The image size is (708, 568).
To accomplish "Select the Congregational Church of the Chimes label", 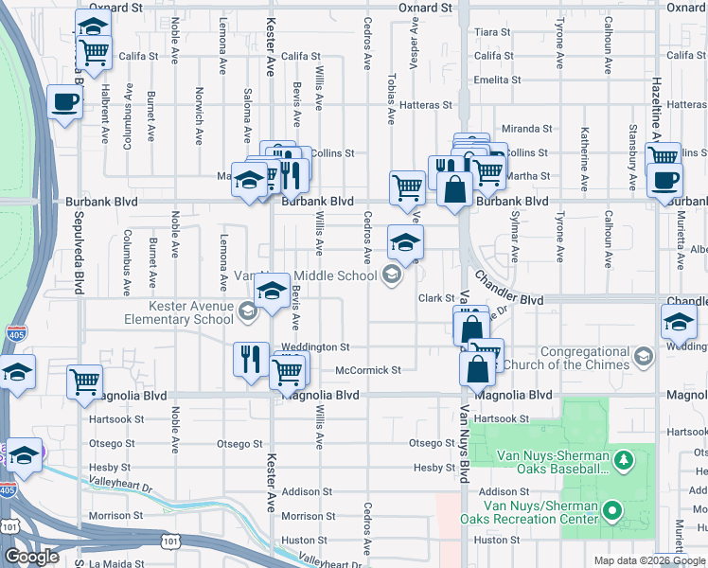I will coord(565,358).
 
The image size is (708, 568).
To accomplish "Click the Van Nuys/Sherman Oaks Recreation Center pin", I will coord(612,512).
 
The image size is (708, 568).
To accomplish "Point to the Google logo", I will coord(32,556).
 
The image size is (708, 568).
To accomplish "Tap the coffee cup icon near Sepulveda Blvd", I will coord(64,102).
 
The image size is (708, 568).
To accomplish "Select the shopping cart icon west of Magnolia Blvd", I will coord(84,381).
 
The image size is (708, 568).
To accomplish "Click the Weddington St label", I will coord(315,347).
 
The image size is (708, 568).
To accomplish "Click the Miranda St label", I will coord(526,129).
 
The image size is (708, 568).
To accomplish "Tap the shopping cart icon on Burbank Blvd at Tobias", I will coord(407,186).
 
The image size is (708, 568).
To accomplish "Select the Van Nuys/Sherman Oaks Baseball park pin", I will coord(623,461).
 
